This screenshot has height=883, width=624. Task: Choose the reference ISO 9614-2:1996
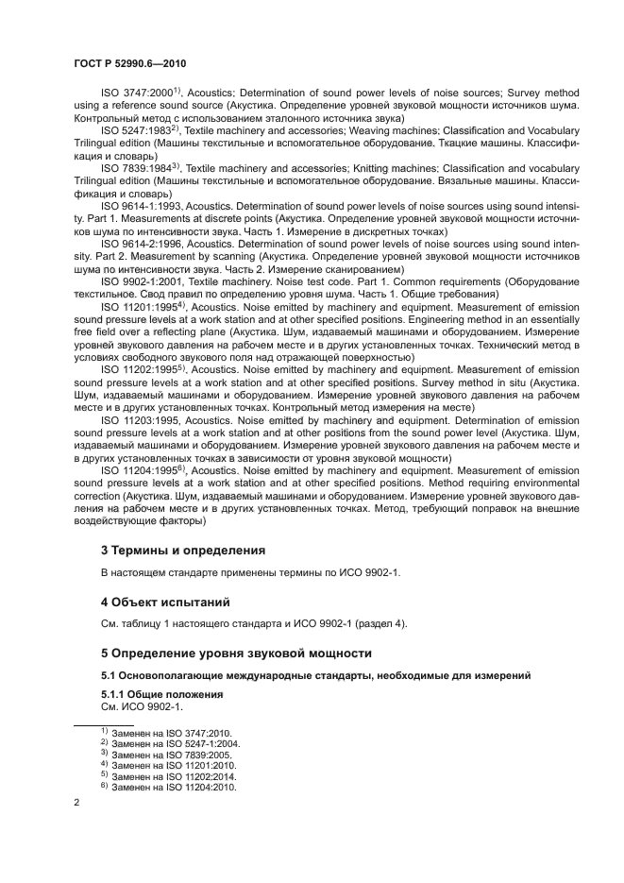[x=139, y=243]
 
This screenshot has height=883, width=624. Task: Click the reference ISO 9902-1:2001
[x=139, y=280]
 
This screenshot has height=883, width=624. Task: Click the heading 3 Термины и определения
[x=183, y=550]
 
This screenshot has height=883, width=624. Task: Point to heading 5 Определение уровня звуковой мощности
[x=236, y=653]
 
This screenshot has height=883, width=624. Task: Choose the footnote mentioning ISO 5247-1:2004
[x=170, y=743]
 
